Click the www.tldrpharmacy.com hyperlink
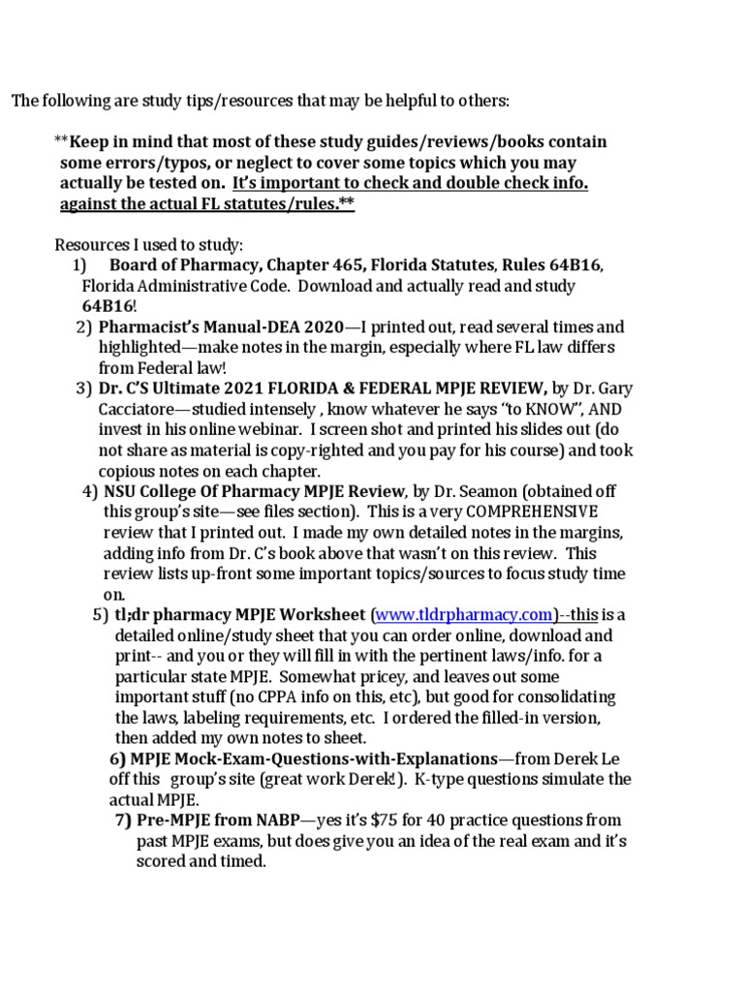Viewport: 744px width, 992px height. click(463, 615)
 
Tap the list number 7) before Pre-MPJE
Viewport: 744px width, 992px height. click(123, 820)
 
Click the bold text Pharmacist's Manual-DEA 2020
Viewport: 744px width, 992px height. click(214, 326)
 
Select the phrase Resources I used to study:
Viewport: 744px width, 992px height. click(149, 244)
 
